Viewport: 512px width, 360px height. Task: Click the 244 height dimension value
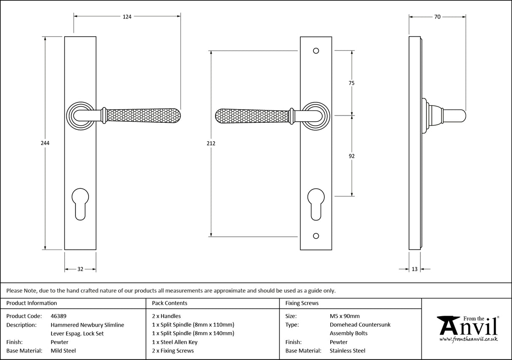pos(45,143)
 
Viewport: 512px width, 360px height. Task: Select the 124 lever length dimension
pos(127,17)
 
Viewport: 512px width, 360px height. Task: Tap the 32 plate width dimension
pos(80,269)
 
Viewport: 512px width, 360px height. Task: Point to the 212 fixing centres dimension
pos(211,143)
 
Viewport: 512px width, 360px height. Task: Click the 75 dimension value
pos(351,83)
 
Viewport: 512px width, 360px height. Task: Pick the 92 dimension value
pos(352,156)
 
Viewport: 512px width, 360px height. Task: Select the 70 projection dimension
pos(437,17)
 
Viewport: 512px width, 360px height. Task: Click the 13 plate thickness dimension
pos(415,269)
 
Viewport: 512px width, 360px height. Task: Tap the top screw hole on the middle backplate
pos(316,51)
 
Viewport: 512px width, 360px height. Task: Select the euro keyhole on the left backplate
pos(80,204)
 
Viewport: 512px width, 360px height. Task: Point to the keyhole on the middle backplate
pos(316,204)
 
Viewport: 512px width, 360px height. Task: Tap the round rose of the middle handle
pos(316,116)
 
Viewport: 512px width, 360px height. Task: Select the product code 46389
pos(58,316)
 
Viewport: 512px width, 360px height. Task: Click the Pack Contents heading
pos(170,303)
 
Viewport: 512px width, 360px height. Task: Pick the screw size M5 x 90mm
pos(345,316)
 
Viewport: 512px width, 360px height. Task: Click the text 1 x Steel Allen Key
pos(175,342)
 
